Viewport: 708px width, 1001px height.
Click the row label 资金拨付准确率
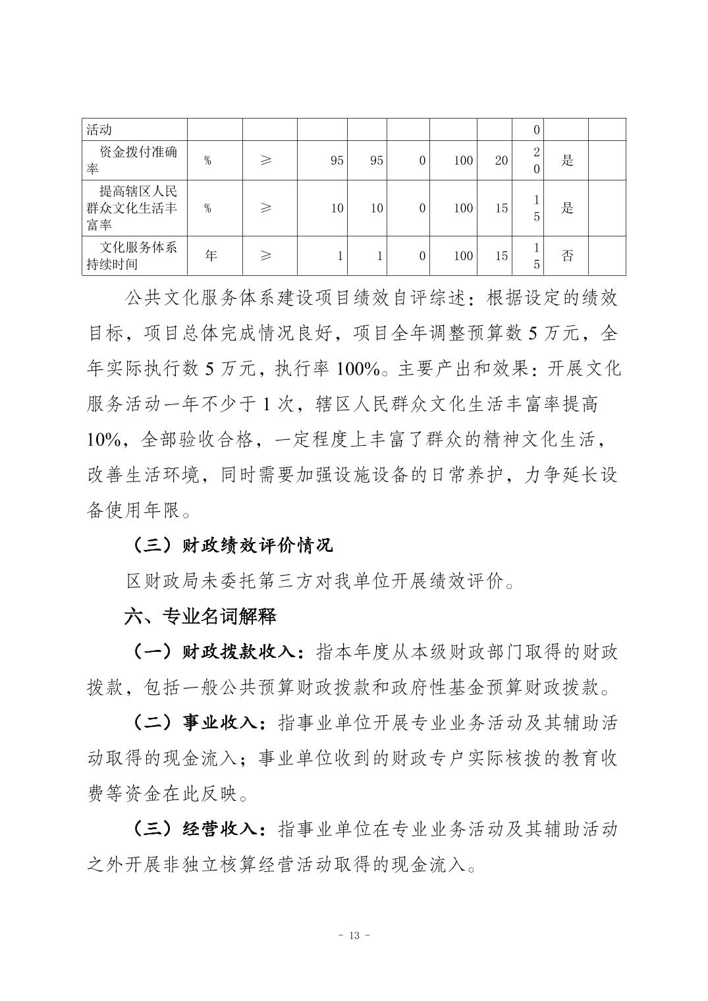point(132,160)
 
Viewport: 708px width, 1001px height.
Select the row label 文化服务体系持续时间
point(132,256)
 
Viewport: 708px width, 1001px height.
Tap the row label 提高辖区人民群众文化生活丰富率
point(132,207)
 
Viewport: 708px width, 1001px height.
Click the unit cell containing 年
point(211,256)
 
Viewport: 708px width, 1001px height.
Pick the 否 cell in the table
point(567,256)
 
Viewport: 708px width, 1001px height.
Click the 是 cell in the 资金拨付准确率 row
point(567,160)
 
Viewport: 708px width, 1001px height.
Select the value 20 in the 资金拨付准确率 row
point(501,160)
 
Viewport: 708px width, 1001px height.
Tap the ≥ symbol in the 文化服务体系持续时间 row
point(265,256)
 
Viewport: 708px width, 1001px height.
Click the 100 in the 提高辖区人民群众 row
point(463,208)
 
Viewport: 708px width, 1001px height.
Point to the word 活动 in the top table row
point(99,130)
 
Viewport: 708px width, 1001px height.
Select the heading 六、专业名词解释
point(201,616)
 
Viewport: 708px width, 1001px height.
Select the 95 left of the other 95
point(337,160)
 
